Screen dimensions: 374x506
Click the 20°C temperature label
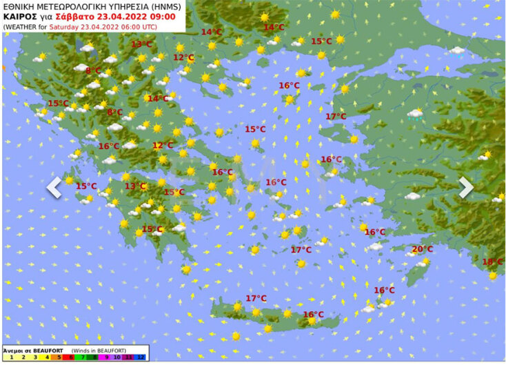[422, 249]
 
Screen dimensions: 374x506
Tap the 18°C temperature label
[492, 262]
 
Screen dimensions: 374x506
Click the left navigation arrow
[54, 187]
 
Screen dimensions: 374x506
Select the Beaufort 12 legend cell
[141, 357]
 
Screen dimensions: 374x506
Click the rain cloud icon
[415, 114]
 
